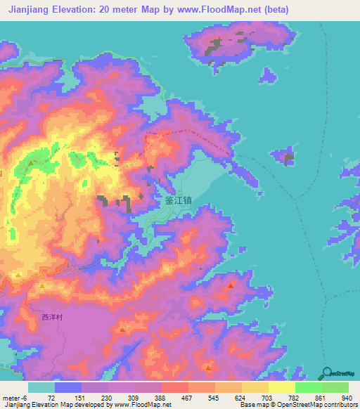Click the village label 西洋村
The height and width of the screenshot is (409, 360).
click(52, 318)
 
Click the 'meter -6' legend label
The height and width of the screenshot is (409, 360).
click(15, 398)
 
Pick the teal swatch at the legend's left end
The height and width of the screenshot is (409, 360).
click(41, 387)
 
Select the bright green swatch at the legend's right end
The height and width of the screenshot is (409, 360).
click(335, 387)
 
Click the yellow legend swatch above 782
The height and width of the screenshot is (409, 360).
click(281, 387)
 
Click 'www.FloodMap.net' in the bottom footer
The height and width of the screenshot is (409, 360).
click(141, 405)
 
